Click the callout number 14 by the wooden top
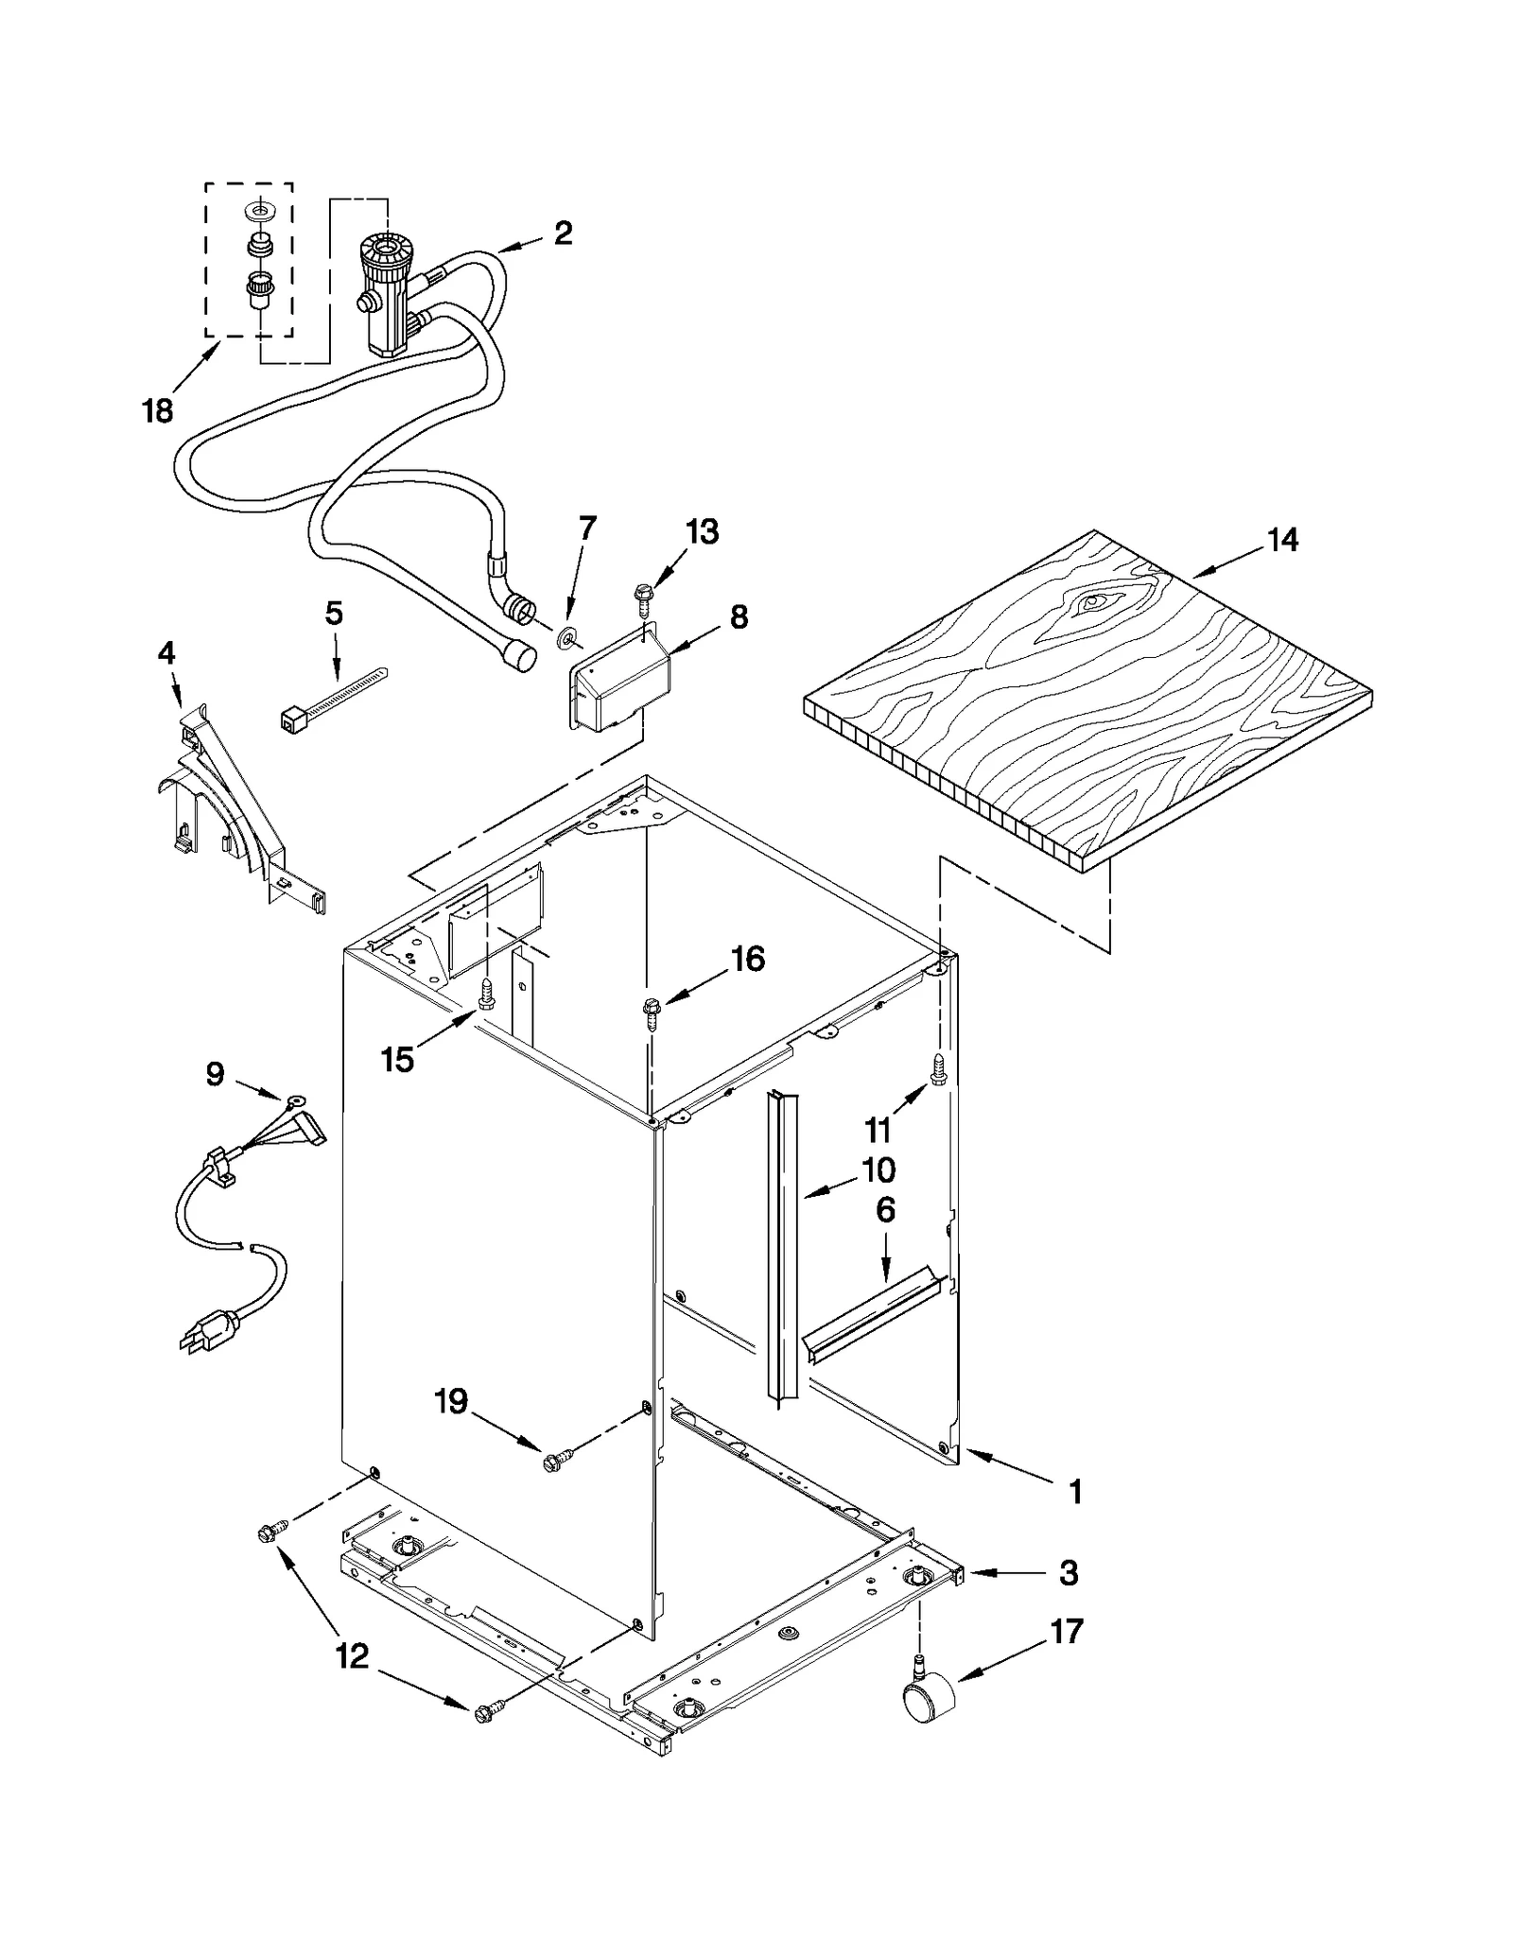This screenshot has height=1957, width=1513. pyautogui.click(x=1282, y=541)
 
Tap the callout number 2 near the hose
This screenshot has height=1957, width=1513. pyautogui.click(x=563, y=233)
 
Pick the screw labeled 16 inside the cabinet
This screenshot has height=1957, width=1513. pyautogui.click(x=650, y=1008)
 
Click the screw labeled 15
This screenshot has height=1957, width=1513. pyautogui.click(x=487, y=994)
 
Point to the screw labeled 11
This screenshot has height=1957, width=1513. pyautogui.click(x=937, y=1069)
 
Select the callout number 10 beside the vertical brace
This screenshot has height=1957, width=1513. pyautogui.click(x=878, y=1170)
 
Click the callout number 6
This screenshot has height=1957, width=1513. pyautogui.click(x=885, y=1210)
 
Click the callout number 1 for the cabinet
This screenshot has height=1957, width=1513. pyautogui.click(x=1074, y=1492)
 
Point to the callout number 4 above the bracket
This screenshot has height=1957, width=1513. pyautogui.click(x=166, y=652)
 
